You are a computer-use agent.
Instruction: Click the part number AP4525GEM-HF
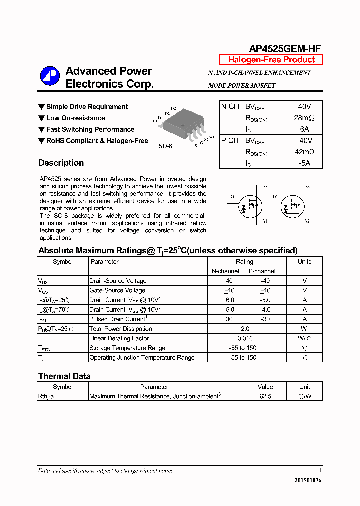tap(285, 48)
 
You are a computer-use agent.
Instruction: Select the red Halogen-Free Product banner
tap(271, 60)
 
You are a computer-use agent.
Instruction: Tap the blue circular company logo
tap(50, 76)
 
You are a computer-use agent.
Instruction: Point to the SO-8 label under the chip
tap(165, 147)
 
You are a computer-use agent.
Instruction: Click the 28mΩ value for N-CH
tap(304, 118)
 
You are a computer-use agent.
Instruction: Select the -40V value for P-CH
tap(304, 141)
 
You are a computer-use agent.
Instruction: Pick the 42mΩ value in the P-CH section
tap(304, 152)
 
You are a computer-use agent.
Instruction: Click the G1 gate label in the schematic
tap(233, 197)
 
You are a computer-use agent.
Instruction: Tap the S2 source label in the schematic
tap(307, 221)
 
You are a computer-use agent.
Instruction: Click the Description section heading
tap(61, 163)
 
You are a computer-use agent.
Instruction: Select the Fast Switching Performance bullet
tap(90, 129)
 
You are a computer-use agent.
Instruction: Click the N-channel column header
tap(225, 271)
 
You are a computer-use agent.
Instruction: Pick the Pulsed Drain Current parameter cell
tap(118, 319)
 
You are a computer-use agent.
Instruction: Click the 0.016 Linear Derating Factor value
tap(244, 338)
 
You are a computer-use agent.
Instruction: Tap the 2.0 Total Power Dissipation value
tap(244, 329)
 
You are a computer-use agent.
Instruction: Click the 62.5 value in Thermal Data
tap(265, 396)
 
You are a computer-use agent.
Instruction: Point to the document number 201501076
tap(308, 480)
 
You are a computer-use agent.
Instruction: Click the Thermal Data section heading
tap(64, 376)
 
